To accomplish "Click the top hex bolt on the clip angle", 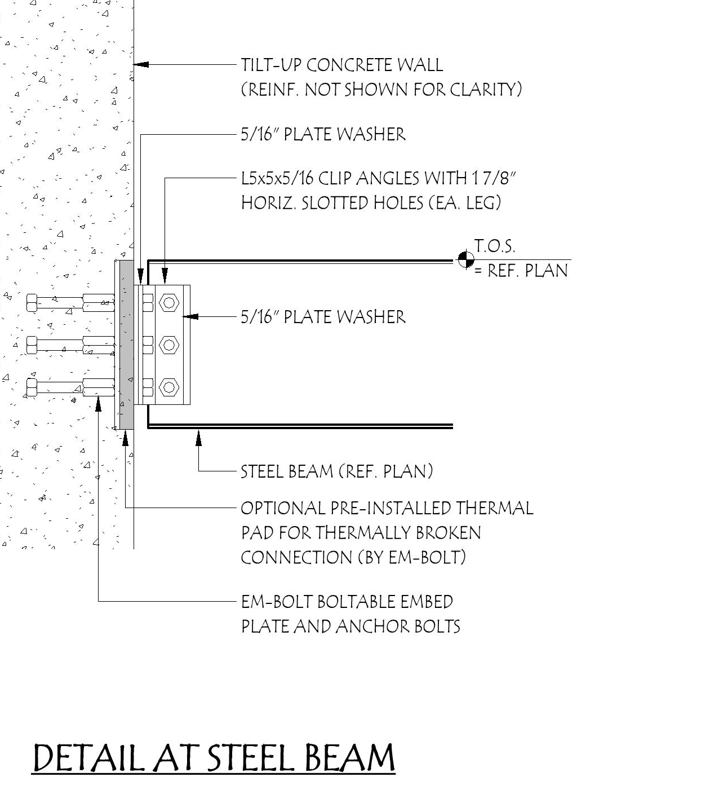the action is [x=168, y=303].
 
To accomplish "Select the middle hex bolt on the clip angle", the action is [x=168, y=345].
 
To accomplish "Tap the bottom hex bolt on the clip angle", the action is [x=168, y=387].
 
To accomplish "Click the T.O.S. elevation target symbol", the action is [x=465, y=259].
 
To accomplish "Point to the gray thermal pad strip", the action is [x=126, y=344].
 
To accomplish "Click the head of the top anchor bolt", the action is [x=32, y=303].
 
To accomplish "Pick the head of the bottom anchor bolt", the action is [x=32, y=387].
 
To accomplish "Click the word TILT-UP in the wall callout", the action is [x=271, y=65].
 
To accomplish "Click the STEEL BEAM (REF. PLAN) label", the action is [x=336, y=471].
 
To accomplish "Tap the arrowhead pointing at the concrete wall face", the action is [x=140, y=65].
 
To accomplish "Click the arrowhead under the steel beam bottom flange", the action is [x=198, y=435].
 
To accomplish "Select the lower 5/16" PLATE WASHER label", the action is [x=323, y=317].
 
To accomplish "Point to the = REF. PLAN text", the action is [x=520, y=271].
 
